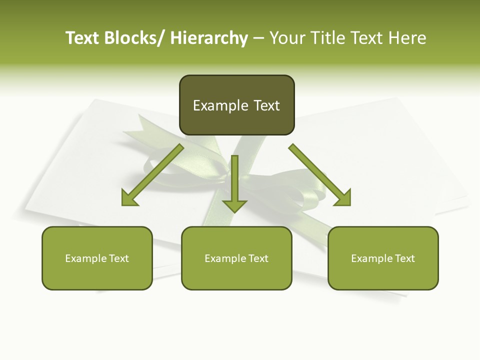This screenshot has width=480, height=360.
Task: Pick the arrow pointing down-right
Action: [x=320, y=175]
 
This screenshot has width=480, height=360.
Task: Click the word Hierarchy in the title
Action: [x=209, y=38]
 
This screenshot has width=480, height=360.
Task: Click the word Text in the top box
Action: [x=266, y=105]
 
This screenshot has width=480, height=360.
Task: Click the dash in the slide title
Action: [x=258, y=38]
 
